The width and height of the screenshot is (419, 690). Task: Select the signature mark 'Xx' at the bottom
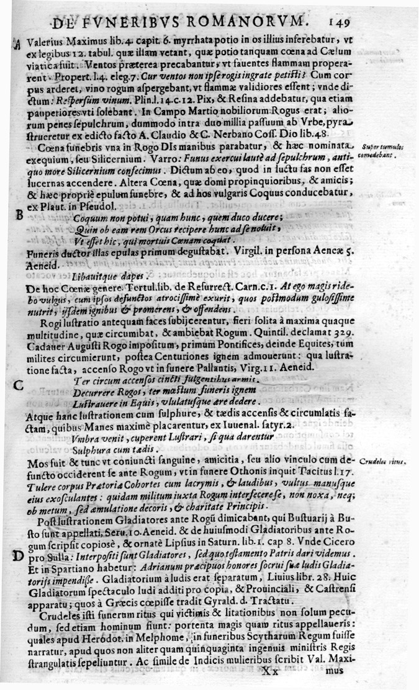click(272, 671)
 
